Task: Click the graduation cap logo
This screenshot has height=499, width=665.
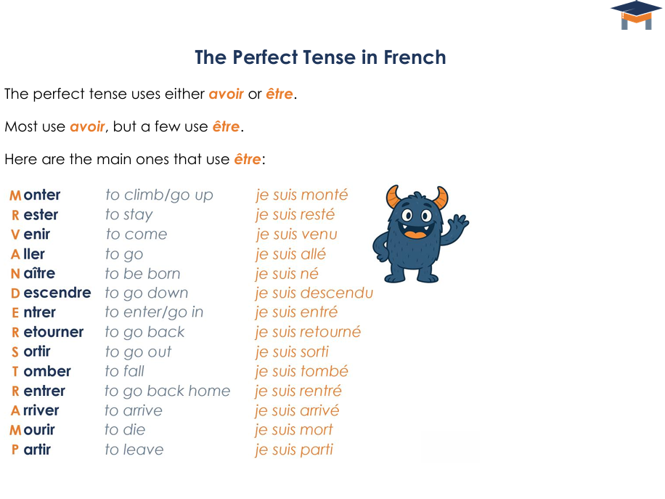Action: coord(636,15)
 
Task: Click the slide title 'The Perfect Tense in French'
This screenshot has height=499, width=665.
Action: coord(320,57)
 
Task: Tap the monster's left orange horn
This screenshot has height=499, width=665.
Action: coord(393,197)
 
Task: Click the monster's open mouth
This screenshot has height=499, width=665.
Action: coord(415,233)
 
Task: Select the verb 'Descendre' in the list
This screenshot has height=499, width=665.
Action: coord(51,293)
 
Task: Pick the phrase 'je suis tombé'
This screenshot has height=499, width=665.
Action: coord(301,371)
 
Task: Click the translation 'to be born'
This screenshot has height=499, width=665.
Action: coord(142,274)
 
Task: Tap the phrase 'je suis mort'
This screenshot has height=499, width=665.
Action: coord(293,430)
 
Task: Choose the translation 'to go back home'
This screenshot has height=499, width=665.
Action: coord(167,391)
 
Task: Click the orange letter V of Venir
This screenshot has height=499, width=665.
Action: coord(15,235)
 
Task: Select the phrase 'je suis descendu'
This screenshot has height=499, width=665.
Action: coord(314,293)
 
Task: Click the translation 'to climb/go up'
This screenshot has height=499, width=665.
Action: coord(159,195)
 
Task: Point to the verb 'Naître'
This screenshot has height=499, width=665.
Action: coord(33,273)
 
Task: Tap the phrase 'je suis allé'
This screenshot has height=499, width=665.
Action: coord(290,254)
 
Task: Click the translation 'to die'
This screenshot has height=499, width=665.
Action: coord(125,430)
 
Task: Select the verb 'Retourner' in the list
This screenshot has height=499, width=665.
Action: coord(47,332)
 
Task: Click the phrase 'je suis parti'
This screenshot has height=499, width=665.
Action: coord(293,450)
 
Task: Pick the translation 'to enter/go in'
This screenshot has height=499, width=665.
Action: coord(154,312)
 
